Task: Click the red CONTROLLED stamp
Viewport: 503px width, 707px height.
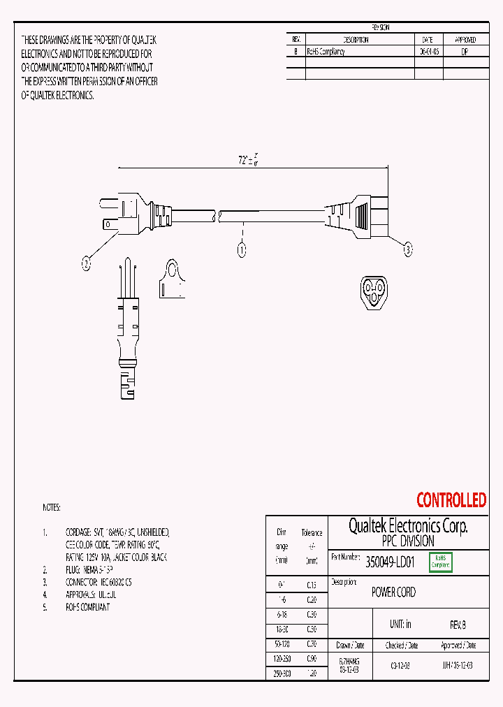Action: pos(451,500)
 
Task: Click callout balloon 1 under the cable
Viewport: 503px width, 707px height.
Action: pos(242,249)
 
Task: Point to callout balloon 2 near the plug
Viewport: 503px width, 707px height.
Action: pos(86,263)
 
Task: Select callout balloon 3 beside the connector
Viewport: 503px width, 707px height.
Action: pos(409,248)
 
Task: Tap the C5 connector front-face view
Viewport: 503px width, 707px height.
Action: pos(374,291)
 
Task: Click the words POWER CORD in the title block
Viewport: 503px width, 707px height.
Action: pos(393,592)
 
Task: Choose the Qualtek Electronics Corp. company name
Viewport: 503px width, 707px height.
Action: pos(408,525)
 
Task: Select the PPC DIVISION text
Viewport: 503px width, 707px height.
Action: pos(408,541)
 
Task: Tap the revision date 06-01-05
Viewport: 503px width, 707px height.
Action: pos(429,52)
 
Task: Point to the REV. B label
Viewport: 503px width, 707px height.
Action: pos(458,624)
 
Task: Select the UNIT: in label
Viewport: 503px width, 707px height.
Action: pos(400,624)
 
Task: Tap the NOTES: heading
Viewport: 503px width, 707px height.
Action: pos(51,508)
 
